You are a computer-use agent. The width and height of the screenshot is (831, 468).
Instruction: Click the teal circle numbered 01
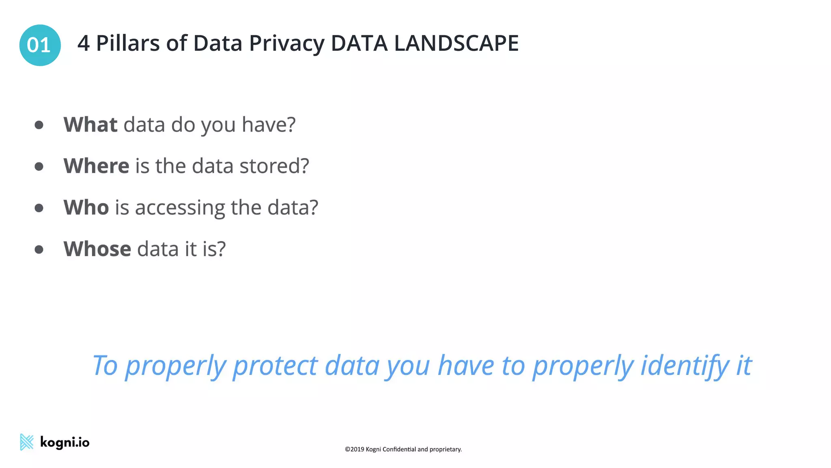point(40,45)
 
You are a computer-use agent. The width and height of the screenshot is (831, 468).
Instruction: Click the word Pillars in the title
point(128,43)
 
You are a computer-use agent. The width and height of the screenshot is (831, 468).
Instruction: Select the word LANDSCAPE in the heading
point(456,43)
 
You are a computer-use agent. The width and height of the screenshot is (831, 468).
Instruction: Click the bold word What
point(90,124)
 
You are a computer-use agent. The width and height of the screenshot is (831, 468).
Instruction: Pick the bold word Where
point(97,166)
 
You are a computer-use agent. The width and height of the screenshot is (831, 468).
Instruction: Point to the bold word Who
point(86,207)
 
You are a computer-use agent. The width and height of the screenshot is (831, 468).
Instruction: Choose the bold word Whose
point(97,249)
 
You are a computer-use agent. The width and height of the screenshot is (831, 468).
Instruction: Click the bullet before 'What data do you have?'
point(39,125)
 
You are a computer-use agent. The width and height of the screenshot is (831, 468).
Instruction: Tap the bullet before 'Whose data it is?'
point(39,249)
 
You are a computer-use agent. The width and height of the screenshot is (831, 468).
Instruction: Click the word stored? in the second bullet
point(274,166)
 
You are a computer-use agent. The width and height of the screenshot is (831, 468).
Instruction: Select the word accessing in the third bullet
point(180,208)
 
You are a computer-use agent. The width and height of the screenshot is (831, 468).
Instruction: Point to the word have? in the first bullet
point(269,124)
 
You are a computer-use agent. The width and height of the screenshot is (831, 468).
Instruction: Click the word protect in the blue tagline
point(275,366)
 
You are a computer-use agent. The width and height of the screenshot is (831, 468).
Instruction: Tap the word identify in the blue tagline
point(685,366)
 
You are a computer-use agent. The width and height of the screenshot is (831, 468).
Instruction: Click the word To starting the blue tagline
point(105,366)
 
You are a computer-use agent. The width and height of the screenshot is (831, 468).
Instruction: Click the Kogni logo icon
point(27,442)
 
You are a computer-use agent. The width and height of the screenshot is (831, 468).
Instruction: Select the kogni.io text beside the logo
point(65,442)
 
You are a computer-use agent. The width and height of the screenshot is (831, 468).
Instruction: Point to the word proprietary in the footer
point(445,449)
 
